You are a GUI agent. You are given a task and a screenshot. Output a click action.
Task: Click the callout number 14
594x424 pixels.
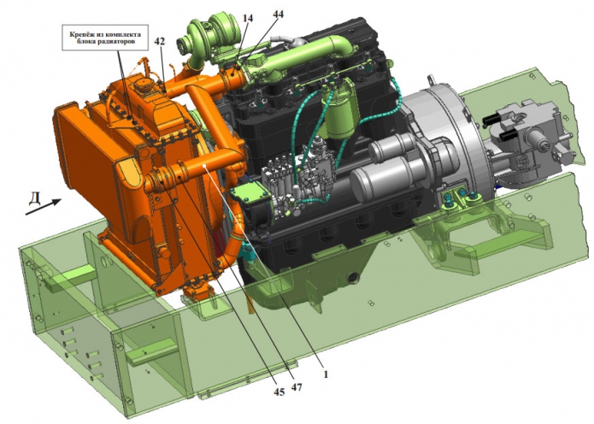point(249,18)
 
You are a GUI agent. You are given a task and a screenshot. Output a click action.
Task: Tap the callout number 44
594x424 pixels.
point(278,14)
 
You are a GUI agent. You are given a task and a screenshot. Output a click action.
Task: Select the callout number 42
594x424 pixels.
point(160,41)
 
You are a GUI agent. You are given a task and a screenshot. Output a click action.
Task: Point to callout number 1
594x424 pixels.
point(325,374)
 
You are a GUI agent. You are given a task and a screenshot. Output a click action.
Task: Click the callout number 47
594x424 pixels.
point(297,387)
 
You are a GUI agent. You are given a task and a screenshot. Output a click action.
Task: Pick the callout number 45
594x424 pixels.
point(279,392)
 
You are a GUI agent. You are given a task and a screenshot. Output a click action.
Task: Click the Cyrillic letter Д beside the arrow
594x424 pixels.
point(35,198)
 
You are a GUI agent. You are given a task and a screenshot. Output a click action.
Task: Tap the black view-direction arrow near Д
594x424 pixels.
point(44,207)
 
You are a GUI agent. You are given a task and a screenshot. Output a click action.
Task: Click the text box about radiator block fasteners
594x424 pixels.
point(105,38)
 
